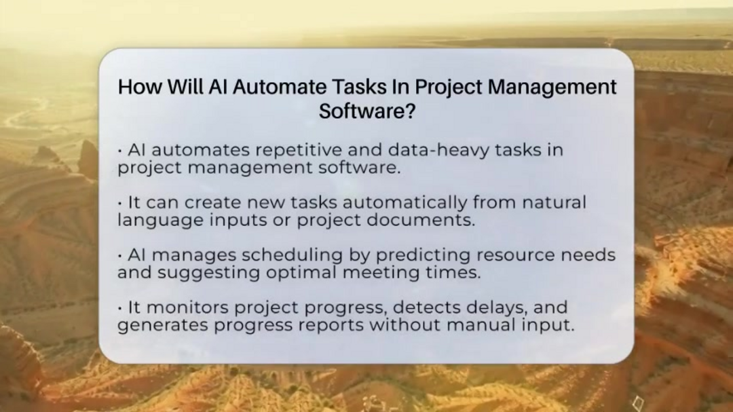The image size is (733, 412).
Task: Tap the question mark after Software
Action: [x=409, y=111]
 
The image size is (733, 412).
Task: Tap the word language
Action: [x=151, y=221]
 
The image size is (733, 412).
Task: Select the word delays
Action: [x=495, y=307]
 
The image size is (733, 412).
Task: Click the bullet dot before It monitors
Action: [x=120, y=308]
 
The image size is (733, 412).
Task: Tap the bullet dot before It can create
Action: [x=120, y=204]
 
